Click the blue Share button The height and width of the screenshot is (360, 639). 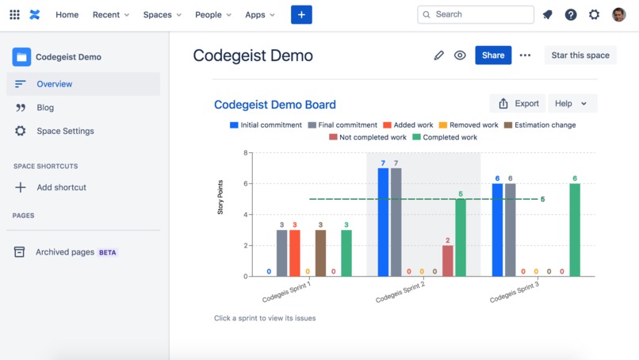point(493,56)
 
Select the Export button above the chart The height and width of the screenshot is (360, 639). point(518,104)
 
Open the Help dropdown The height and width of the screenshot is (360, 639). point(571,104)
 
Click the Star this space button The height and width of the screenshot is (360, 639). point(580,56)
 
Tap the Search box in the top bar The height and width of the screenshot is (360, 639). point(476,14)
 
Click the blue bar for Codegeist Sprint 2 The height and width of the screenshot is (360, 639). point(383,222)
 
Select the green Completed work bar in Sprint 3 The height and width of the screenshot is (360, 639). point(575,230)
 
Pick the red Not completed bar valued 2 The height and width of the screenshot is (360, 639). point(448,261)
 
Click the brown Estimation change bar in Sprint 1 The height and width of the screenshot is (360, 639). point(320,253)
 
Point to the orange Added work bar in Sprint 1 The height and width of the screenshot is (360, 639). point(295,253)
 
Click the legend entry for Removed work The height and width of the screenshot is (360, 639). point(469,125)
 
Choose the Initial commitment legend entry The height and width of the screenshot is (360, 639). point(266,125)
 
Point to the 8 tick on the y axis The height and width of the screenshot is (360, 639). point(246,153)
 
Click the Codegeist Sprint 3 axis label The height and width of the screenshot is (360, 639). point(515,292)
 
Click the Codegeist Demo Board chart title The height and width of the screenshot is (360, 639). point(275,105)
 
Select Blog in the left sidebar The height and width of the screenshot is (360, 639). point(45,107)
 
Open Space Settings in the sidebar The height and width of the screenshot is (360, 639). point(65,131)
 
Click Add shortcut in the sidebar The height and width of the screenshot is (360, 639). point(61,187)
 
